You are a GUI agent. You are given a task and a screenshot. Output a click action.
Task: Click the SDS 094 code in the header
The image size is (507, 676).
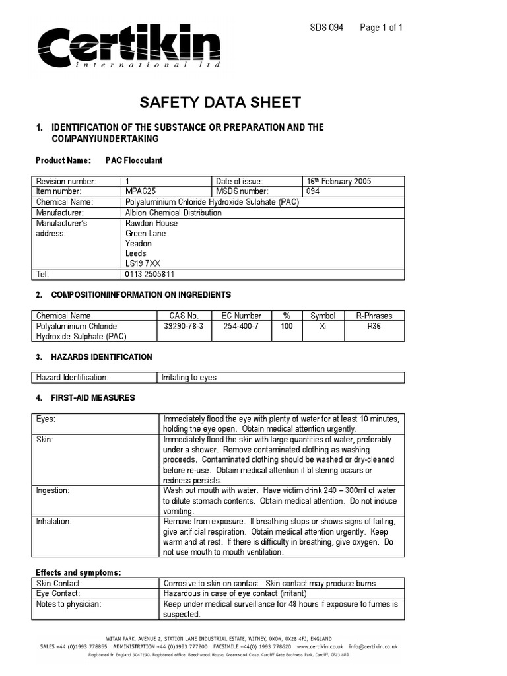[326, 28]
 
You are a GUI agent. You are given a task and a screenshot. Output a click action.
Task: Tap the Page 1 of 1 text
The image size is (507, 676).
[381, 28]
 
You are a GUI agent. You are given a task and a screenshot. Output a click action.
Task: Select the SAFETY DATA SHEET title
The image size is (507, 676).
[220, 102]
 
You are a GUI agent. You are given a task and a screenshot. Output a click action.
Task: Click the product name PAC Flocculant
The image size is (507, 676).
[134, 160]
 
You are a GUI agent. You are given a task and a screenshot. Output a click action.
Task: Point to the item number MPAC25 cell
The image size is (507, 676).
[141, 191]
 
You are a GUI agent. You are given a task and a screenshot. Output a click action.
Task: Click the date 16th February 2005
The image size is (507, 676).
[343, 182]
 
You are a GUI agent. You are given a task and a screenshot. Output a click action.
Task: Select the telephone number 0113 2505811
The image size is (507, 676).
[150, 274]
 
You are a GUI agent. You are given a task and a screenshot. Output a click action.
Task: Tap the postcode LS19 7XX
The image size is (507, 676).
[143, 263]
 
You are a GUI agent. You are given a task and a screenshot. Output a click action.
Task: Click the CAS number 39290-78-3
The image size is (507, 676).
[184, 326]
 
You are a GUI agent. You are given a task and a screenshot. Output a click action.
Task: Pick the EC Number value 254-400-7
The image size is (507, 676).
[241, 326]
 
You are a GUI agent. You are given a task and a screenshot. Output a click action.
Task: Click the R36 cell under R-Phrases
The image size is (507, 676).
[374, 326]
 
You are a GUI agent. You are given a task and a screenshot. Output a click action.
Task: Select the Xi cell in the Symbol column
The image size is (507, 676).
[323, 326]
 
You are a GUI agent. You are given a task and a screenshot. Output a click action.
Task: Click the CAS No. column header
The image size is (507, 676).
[184, 316]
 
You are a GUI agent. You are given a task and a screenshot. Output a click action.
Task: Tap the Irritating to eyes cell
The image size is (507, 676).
[189, 378]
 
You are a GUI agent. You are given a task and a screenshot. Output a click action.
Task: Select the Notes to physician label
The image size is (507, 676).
[69, 603]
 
